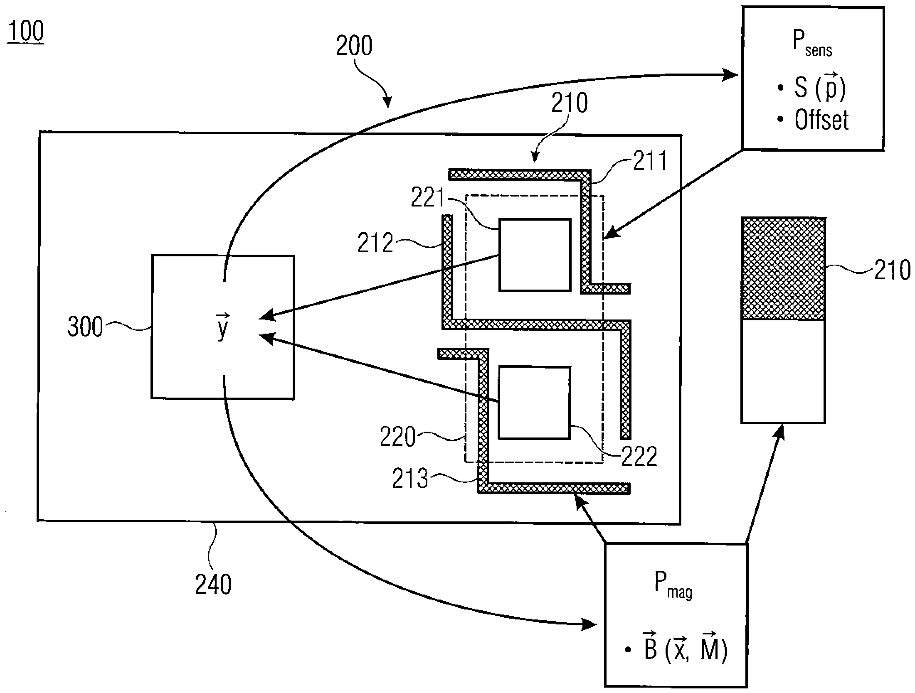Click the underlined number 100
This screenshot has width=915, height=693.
(25, 32)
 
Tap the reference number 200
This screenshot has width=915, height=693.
(354, 46)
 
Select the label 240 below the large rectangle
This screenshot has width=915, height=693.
(213, 584)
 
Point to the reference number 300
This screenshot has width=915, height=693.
(85, 327)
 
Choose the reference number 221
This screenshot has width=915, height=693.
(428, 198)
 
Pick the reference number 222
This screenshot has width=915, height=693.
(639, 456)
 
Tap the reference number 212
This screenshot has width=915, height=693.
(375, 243)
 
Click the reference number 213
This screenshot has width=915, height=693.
(410, 478)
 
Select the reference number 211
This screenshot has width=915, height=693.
(650, 161)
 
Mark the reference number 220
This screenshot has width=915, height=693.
(398, 437)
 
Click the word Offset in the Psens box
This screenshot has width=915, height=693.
(821, 120)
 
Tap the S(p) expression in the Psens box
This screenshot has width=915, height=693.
(819, 88)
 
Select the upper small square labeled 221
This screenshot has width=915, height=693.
(535, 255)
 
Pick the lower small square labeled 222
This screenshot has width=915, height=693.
(534, 403)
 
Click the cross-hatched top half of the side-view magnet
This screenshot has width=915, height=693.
(783, 268)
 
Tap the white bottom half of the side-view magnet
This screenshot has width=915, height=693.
(783, 371)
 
